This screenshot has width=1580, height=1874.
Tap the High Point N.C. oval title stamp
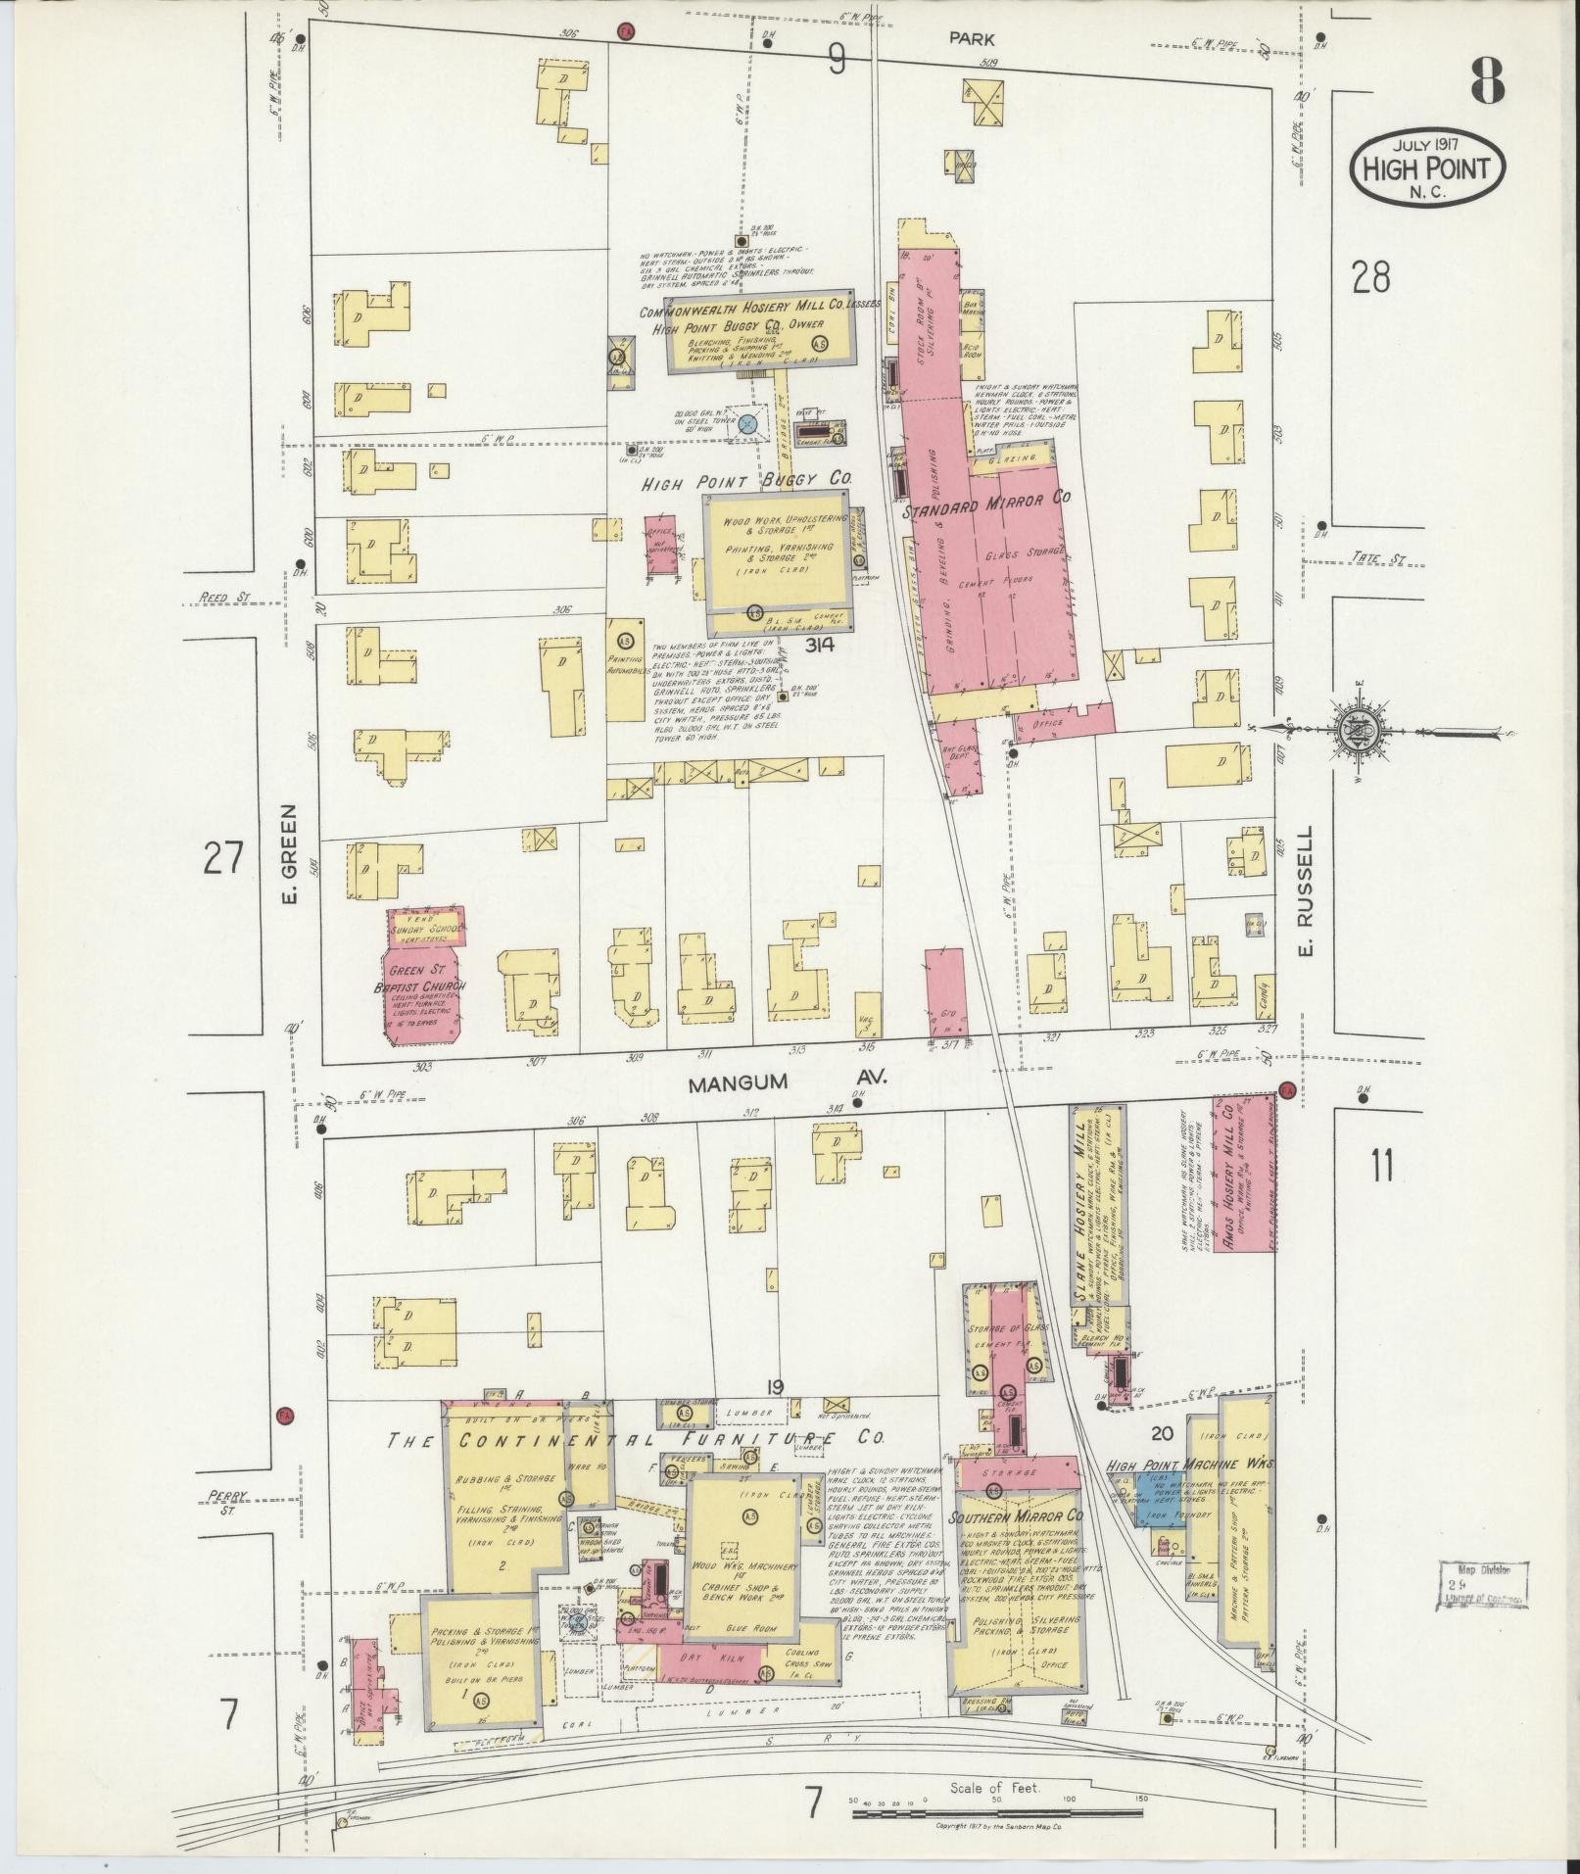1428,168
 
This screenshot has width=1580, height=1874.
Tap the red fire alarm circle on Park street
625,31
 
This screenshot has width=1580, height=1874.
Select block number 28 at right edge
1369,278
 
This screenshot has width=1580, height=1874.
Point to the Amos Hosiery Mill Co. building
1236,1177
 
